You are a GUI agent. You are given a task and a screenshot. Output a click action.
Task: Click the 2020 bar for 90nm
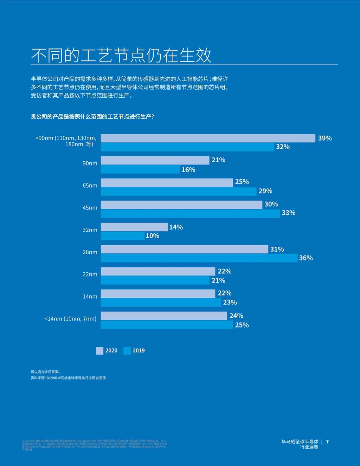click(x=155, y=161)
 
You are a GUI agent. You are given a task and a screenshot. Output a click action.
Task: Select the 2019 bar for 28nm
click(x=199, y=258)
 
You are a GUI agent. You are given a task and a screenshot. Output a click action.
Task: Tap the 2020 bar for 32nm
click(x=134, y=227)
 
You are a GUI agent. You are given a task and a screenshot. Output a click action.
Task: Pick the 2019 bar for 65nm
click(x=179, y=192)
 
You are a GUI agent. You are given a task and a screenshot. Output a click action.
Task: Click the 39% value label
click(x=324, y=138)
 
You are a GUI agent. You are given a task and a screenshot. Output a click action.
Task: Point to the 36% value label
click(x=306, y=258)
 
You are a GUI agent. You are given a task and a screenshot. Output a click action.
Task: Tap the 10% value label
click(x=152, y=236)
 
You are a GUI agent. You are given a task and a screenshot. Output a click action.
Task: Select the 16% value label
click(x=188, y=170)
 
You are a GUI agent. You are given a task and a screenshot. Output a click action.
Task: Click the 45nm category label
click(x=90, y=208)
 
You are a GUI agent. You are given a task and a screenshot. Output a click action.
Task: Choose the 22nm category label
click(x=90, y=274)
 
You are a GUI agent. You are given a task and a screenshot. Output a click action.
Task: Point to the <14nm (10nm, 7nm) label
click(x=70, y=319)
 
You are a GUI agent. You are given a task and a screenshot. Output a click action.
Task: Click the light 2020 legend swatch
click(x=99, y=351)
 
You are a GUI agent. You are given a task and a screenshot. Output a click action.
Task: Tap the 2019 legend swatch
click(x=127, y=351)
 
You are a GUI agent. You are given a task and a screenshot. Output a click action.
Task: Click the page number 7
click(x=327, y=442)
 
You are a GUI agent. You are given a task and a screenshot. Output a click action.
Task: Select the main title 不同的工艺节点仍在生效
click(x=121, y=55)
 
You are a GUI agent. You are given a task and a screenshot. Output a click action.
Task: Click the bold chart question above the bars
click(x=92, y=117)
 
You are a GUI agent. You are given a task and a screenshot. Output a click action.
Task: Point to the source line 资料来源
click(x=68, y=378)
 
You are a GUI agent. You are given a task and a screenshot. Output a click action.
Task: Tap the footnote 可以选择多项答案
click(x=46, y=371)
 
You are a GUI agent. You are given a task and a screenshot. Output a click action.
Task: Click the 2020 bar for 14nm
click(x=158, y=293)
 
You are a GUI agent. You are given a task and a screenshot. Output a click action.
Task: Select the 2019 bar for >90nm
click(x=187, y=147)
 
